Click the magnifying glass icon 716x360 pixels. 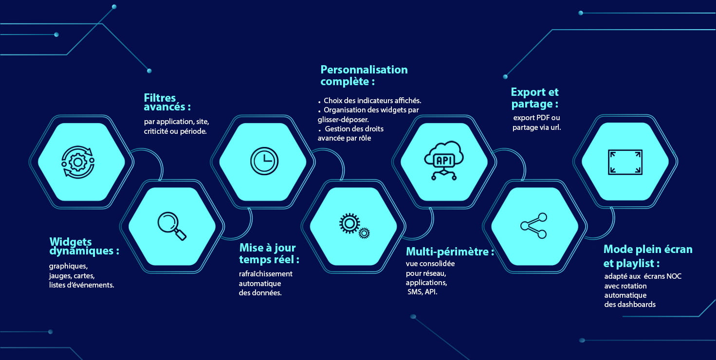click(172, 226)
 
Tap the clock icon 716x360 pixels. click(264, 161)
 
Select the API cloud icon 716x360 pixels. click(444, 161)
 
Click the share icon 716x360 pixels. click(533, 226)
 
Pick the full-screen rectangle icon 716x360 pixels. click(625, 162)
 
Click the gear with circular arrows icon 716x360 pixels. click(78, 162)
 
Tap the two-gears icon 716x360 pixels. click(354, 226)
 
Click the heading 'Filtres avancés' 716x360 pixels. click(167, 102)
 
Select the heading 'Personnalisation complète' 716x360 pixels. click(364, 75)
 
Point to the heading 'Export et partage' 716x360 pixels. click(535, 98)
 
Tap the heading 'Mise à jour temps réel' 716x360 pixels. click(269, 253)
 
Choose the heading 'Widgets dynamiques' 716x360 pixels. click(84, 246)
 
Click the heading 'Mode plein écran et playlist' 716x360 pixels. click(648, 256)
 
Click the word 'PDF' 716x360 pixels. click(543, 118)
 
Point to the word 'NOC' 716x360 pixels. click(674, 276)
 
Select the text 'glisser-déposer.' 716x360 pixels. click(343, 120)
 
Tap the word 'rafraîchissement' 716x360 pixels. click(266, 274)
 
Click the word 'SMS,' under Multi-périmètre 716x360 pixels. click(415, 292)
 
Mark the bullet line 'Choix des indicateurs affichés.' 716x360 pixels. click(369, 101)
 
